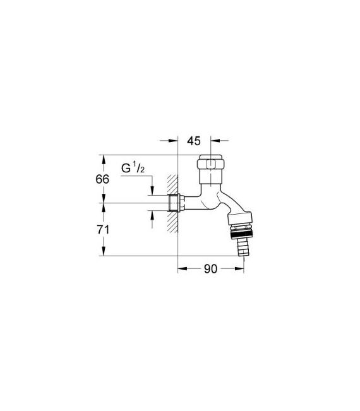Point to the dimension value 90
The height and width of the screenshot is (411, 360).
click(x=210, y=269)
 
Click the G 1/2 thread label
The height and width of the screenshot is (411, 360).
click(x=134, y=169)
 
